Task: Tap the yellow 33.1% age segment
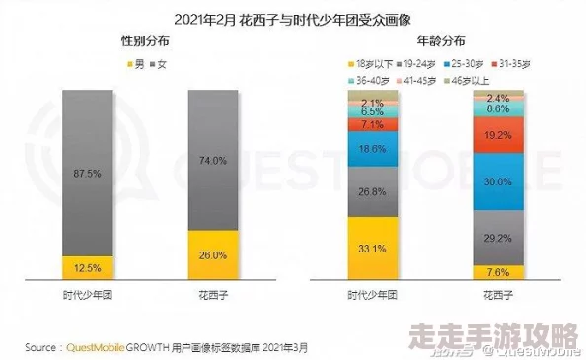pyautogui.click(x=372, y=248)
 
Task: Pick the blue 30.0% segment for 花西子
pyautogui.click(x=497, y=182)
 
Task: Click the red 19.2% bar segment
pyautogui.click(x=497, y=135)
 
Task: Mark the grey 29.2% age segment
pyautogui.click(x=497, y=238)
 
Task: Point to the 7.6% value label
pyautogui.click(x=497, y=272)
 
